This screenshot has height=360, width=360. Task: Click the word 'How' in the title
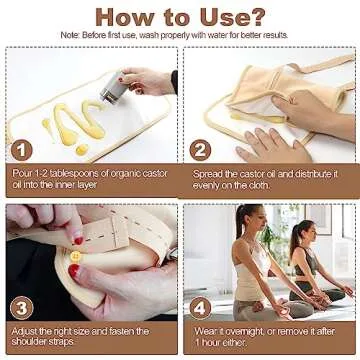(123, 16)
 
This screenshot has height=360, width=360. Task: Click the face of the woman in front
(249, 219)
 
